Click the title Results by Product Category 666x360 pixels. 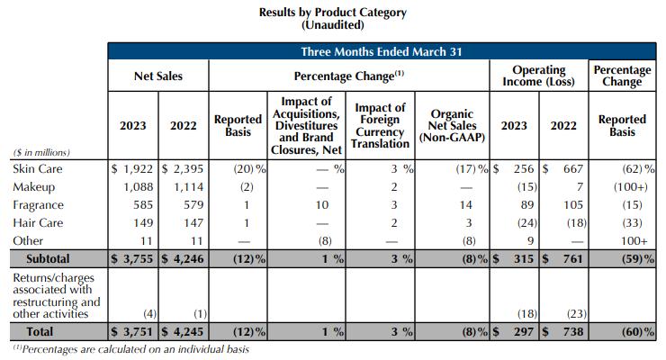(333, 13)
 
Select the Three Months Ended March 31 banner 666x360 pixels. (382, 51)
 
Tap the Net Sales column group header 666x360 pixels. (157, 76)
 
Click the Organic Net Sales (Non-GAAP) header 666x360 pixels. (453, 127)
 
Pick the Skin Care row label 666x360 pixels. (37, 168)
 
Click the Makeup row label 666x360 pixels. (35, 186)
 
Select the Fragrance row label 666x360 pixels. (39, 204)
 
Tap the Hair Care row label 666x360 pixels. (38, 222)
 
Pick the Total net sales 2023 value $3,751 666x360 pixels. (133, 331)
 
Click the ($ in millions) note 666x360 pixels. (41, 152)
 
